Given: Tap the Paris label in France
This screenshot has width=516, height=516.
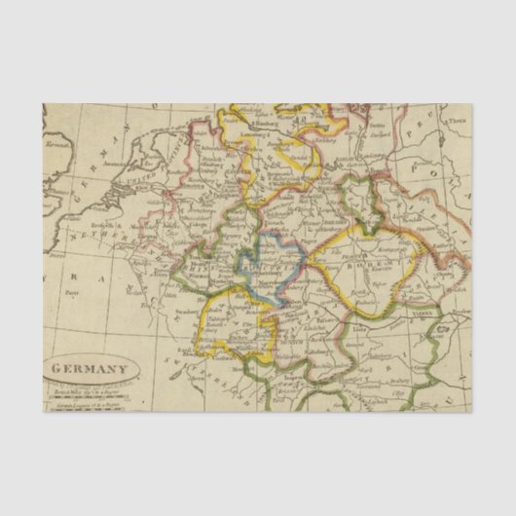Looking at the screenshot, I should (x=72, y=290).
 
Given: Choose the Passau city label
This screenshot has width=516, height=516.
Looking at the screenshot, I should (x=336, y=301).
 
